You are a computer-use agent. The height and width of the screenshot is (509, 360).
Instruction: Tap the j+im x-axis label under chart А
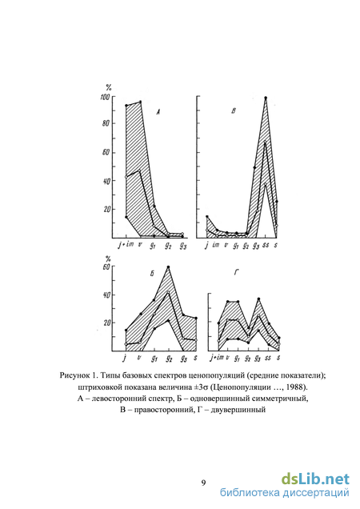126,245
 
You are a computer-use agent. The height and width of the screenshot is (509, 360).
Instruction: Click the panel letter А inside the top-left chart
158,112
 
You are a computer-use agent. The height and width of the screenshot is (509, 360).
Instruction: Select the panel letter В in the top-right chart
233,111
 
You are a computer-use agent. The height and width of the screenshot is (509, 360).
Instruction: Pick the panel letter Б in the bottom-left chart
152,274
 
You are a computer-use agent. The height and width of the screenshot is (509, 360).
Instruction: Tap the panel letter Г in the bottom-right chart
236,274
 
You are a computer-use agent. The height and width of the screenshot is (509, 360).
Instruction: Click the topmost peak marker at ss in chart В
266,98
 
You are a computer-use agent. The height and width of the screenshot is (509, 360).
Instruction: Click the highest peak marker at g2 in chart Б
168,267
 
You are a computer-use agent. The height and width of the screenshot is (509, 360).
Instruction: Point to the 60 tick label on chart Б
107,267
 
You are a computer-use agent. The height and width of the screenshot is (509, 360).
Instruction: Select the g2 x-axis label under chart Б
168,358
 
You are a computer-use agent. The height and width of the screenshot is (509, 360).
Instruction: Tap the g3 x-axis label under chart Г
258,358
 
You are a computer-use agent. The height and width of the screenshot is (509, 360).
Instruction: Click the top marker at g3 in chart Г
258,299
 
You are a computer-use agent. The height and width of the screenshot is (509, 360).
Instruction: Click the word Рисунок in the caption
74,375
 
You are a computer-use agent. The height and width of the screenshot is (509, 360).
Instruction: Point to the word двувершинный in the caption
238,410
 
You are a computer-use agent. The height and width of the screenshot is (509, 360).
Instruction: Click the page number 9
203,483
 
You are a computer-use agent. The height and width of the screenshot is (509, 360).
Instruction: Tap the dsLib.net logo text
315,479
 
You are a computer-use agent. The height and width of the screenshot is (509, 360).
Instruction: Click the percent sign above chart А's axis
109,87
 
